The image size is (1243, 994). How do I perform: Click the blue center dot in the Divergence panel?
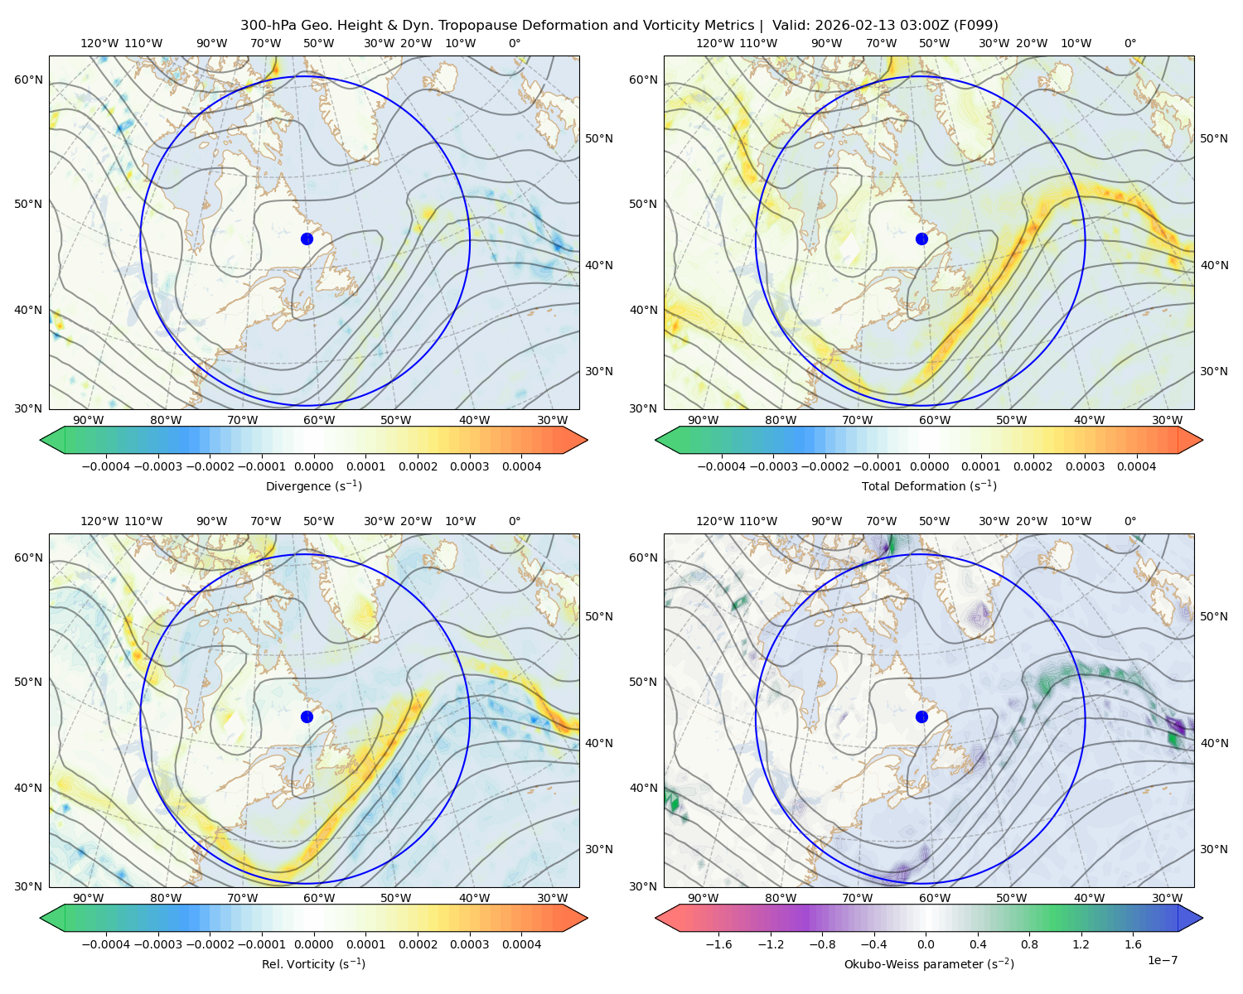coord(307,239)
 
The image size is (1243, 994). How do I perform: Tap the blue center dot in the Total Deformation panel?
coord(921,239)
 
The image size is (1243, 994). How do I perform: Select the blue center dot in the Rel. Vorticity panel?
coord(307,717)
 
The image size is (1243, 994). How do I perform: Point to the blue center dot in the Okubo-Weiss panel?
coord(921,717)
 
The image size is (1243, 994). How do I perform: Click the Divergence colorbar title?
coord(313,485)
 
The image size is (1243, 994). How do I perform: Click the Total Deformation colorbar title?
coord(929,485)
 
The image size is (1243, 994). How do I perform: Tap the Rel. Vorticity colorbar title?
coord(313,964)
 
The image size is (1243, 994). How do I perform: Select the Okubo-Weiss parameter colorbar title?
coord(929,964)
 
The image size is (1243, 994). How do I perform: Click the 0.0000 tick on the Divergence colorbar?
coord(313,466)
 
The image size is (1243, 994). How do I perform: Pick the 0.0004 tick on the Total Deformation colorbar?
coord(1136,466)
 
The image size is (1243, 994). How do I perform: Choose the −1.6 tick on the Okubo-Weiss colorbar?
coord(718,944)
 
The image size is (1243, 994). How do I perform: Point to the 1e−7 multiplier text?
coord(1162,960)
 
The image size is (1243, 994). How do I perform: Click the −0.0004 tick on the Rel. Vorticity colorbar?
coord(106,944)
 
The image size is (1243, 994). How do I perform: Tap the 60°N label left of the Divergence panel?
coord(28,80)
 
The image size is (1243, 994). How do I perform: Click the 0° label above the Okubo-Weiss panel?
coord(1129,521)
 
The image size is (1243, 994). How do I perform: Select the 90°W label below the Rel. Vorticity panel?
coord(89,898)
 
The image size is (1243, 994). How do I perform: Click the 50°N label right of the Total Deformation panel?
coord(1213,138)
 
